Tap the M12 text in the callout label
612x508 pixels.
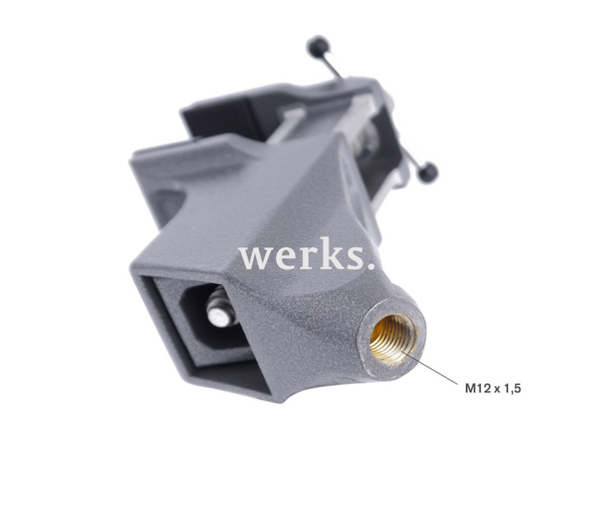478,387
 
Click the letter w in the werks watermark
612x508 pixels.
255,258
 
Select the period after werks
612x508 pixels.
370,266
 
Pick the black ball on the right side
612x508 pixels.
428,172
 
